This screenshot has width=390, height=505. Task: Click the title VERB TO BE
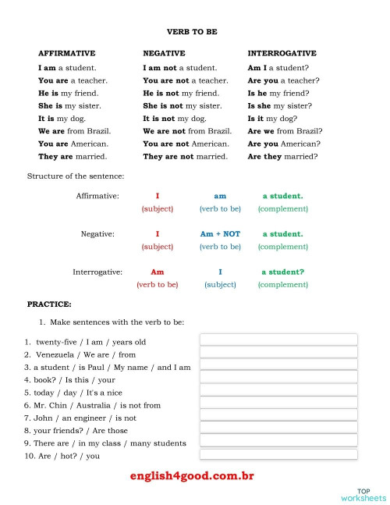pos(192,32)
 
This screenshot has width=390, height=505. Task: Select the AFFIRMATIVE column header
pos(67,53)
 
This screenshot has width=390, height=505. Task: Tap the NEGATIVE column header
pos(164,53)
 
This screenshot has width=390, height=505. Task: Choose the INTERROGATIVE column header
pos(282,53)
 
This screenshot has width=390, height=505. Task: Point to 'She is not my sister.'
pos(183,105)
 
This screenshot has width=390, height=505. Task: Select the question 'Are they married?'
pos(282,156)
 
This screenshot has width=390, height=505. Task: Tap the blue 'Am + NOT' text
pos(220,233)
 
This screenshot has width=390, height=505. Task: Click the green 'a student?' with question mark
pos(282,272)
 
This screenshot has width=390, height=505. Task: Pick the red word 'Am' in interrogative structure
pos(157,272)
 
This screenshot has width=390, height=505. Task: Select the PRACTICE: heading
pos(49,304)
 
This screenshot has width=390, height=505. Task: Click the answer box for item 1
pos(278,340)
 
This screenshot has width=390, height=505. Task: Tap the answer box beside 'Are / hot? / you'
pos(278,454)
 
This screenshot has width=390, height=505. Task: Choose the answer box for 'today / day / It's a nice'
pos(278,390)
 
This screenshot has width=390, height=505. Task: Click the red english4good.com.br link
pos(192,475)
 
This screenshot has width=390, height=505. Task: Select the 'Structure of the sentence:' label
pos(76,176)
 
